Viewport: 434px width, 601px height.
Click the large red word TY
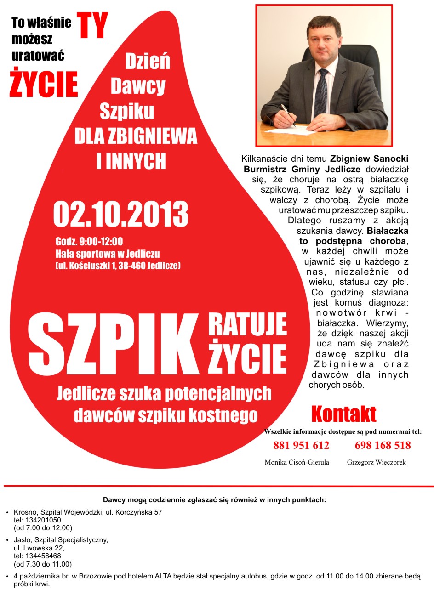[92, 26]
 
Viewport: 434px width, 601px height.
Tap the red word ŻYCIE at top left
[44, 84]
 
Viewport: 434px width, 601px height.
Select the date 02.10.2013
[121, 214]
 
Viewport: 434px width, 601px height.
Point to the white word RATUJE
[247, 325]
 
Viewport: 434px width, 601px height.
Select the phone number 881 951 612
[301, 445]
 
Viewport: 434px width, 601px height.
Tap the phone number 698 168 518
[383, 445]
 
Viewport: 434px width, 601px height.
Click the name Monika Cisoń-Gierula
[297, 462]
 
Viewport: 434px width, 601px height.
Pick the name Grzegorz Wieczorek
[376, 462]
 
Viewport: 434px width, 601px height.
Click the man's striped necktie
[321, 92]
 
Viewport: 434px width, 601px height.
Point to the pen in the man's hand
[288, 115]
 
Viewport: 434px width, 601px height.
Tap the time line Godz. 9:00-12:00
[89, 242]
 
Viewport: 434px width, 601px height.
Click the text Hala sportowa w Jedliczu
[108, 254]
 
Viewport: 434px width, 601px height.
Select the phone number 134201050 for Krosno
[43, 520]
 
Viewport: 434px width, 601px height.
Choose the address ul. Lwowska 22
[39, 548]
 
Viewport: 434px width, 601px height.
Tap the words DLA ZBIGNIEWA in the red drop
[136, 136]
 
